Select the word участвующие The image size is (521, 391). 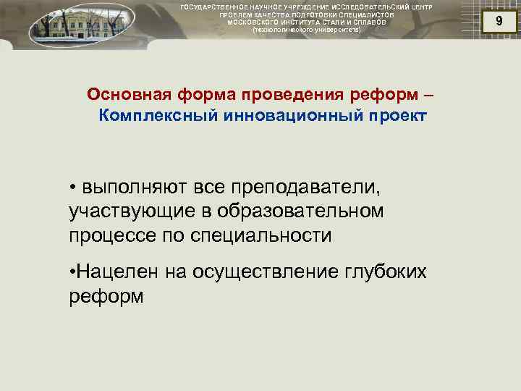[x=131, y=212]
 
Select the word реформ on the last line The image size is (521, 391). [x=106, y=296]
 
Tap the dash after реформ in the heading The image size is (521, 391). [x=431, y=96]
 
